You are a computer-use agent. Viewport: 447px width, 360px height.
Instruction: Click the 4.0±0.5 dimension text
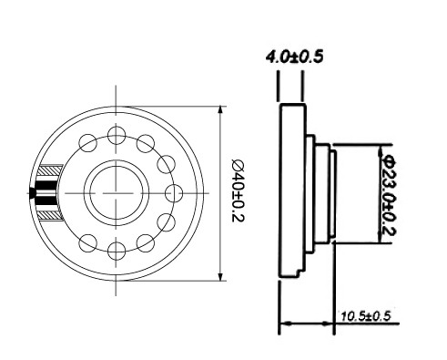click(x=294, y=57)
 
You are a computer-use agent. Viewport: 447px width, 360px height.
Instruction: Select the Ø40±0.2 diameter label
click(x=239, y=191)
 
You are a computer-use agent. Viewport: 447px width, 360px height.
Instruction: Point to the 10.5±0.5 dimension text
click(x=365, y=316)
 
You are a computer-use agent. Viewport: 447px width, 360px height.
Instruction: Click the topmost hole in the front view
click(x=117, y=135)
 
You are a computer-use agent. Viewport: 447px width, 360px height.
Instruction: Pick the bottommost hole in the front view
click(x=117, y=251)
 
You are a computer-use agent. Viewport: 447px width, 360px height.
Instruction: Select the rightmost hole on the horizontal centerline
click(x=174, y=193)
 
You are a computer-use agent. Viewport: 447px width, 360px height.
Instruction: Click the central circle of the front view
click(x=117, y=193)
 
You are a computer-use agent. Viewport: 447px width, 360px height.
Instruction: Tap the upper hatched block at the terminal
click(x=50, y=170)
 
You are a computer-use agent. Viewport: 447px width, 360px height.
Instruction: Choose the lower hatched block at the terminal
click(x=51, y=215)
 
